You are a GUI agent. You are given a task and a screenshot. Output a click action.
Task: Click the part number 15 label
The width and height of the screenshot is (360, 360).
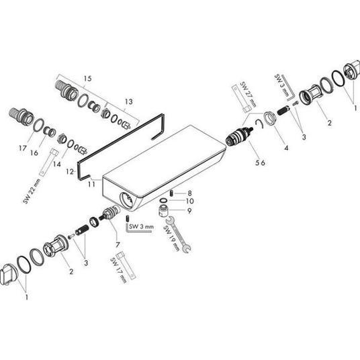tap(87, 79)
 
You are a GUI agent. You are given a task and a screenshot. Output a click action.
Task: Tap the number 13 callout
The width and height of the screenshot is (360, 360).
tap(129, 101)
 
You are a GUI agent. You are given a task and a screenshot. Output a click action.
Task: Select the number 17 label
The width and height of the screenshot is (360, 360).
tap(23, 148)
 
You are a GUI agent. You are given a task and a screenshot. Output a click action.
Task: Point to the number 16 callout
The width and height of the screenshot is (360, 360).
tap(34, 152)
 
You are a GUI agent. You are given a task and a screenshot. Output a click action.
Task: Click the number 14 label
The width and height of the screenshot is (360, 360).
tap(56, 164)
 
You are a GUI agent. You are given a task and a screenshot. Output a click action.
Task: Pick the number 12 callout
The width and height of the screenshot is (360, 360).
tap(70, 172)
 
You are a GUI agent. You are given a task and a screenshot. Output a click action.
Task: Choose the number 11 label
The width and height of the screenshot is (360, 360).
tap(91, 184)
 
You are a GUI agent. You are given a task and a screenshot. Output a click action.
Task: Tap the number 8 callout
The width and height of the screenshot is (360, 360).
tap(189, 193)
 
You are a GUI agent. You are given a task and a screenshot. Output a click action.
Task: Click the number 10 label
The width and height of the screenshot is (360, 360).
tap(190, 201)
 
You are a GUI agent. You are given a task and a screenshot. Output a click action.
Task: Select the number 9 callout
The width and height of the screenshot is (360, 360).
tap(189, 211)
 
